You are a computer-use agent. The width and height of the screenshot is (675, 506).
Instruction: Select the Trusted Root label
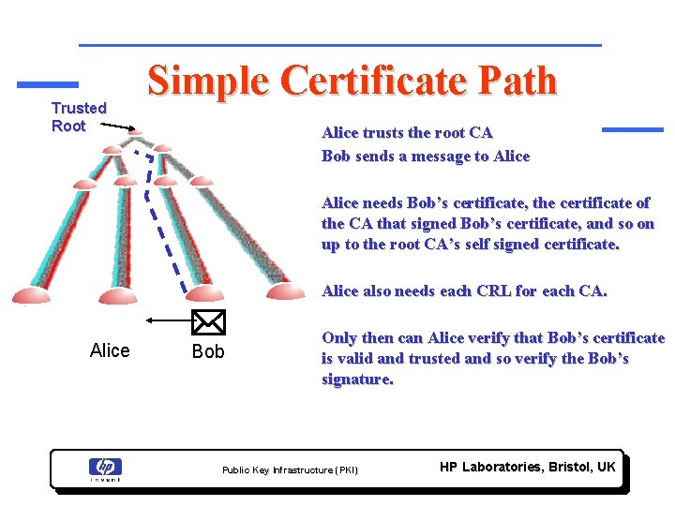(79, 117)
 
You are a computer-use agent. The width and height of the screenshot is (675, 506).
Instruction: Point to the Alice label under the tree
(110, 350)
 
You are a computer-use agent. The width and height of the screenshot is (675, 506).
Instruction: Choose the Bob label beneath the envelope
(208, 351)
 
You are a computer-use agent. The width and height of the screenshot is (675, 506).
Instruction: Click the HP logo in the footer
(105, 467)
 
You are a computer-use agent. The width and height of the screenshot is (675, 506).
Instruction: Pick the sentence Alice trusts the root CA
(407, 133)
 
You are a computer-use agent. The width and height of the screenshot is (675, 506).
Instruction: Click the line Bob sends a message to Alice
(426, 156)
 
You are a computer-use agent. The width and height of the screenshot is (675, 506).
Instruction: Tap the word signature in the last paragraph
(357, 379)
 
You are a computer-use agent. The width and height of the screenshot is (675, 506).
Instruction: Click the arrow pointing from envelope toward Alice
(169, 320)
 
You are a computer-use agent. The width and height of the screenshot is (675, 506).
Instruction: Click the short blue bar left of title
(48, 83)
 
